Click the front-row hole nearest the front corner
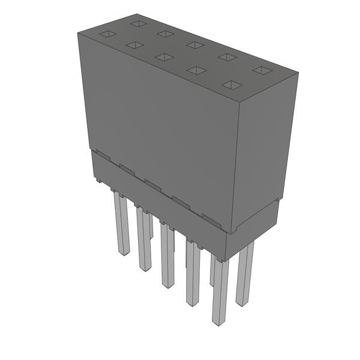(x=232, y=85)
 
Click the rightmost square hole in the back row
(x=262, y=70)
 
